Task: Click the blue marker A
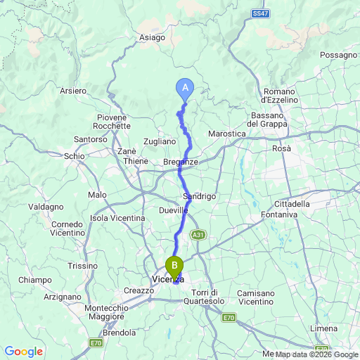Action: pos(185,88)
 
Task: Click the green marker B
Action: pos(174,266)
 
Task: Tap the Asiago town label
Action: pos(153,37)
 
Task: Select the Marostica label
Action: pos(227,134)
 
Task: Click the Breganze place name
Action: pos(180,162)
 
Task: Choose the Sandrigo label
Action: pos(198,196)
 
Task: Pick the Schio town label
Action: pos(73,156)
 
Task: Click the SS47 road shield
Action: pos(260,13)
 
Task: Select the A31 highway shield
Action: pos(199,236)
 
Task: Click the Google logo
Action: pos(23,352)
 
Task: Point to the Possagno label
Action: pos(338,55)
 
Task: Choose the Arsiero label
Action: pos(73,91)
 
